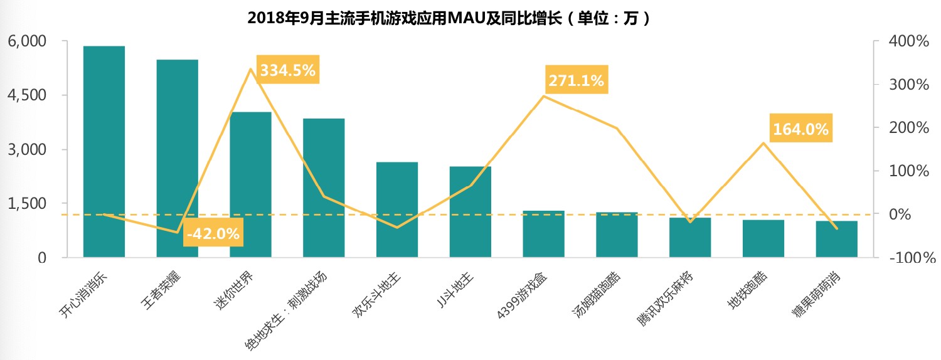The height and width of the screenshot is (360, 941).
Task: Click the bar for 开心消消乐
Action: (x=104, y=151)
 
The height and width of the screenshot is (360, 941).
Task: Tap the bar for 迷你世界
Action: (x=250, y=184)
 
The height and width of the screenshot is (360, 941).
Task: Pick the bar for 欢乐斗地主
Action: (x=397, y=209)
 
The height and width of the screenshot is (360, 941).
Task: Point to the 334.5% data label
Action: (x=287, y=71)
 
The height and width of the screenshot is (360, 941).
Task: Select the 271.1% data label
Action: (x=576, y=80)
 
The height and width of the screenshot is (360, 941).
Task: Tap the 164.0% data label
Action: (x=800, y=129)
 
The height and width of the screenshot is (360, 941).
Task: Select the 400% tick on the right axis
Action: (x=908, y=41)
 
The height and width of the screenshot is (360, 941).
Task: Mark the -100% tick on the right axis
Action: (x=907, y=258)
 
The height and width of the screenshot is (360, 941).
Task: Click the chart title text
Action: (x=449, y=18)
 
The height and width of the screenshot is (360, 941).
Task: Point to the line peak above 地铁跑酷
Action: (x=763, y=143)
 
